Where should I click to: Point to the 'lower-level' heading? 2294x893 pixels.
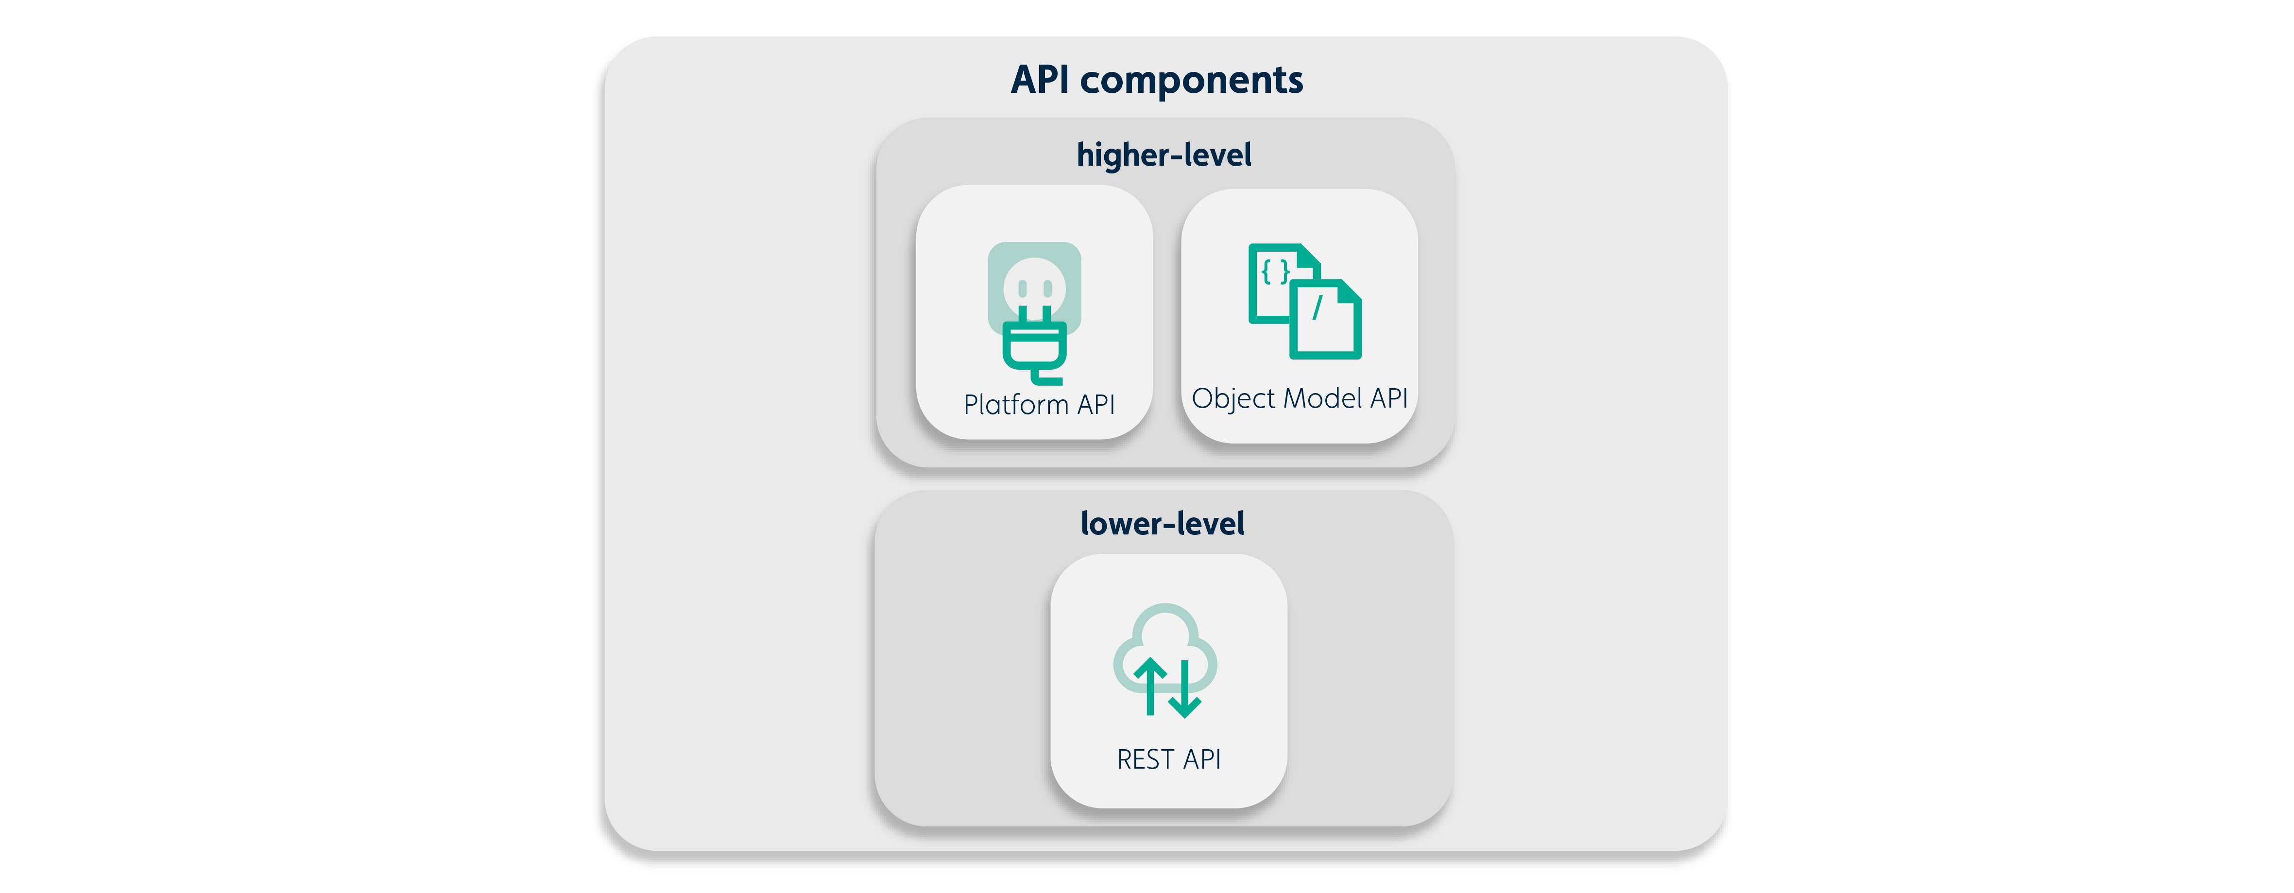[x=1162, y=524]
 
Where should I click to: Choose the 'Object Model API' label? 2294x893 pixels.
[x=1299, y=398]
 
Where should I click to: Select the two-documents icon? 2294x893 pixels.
[x=1304, y=301]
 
